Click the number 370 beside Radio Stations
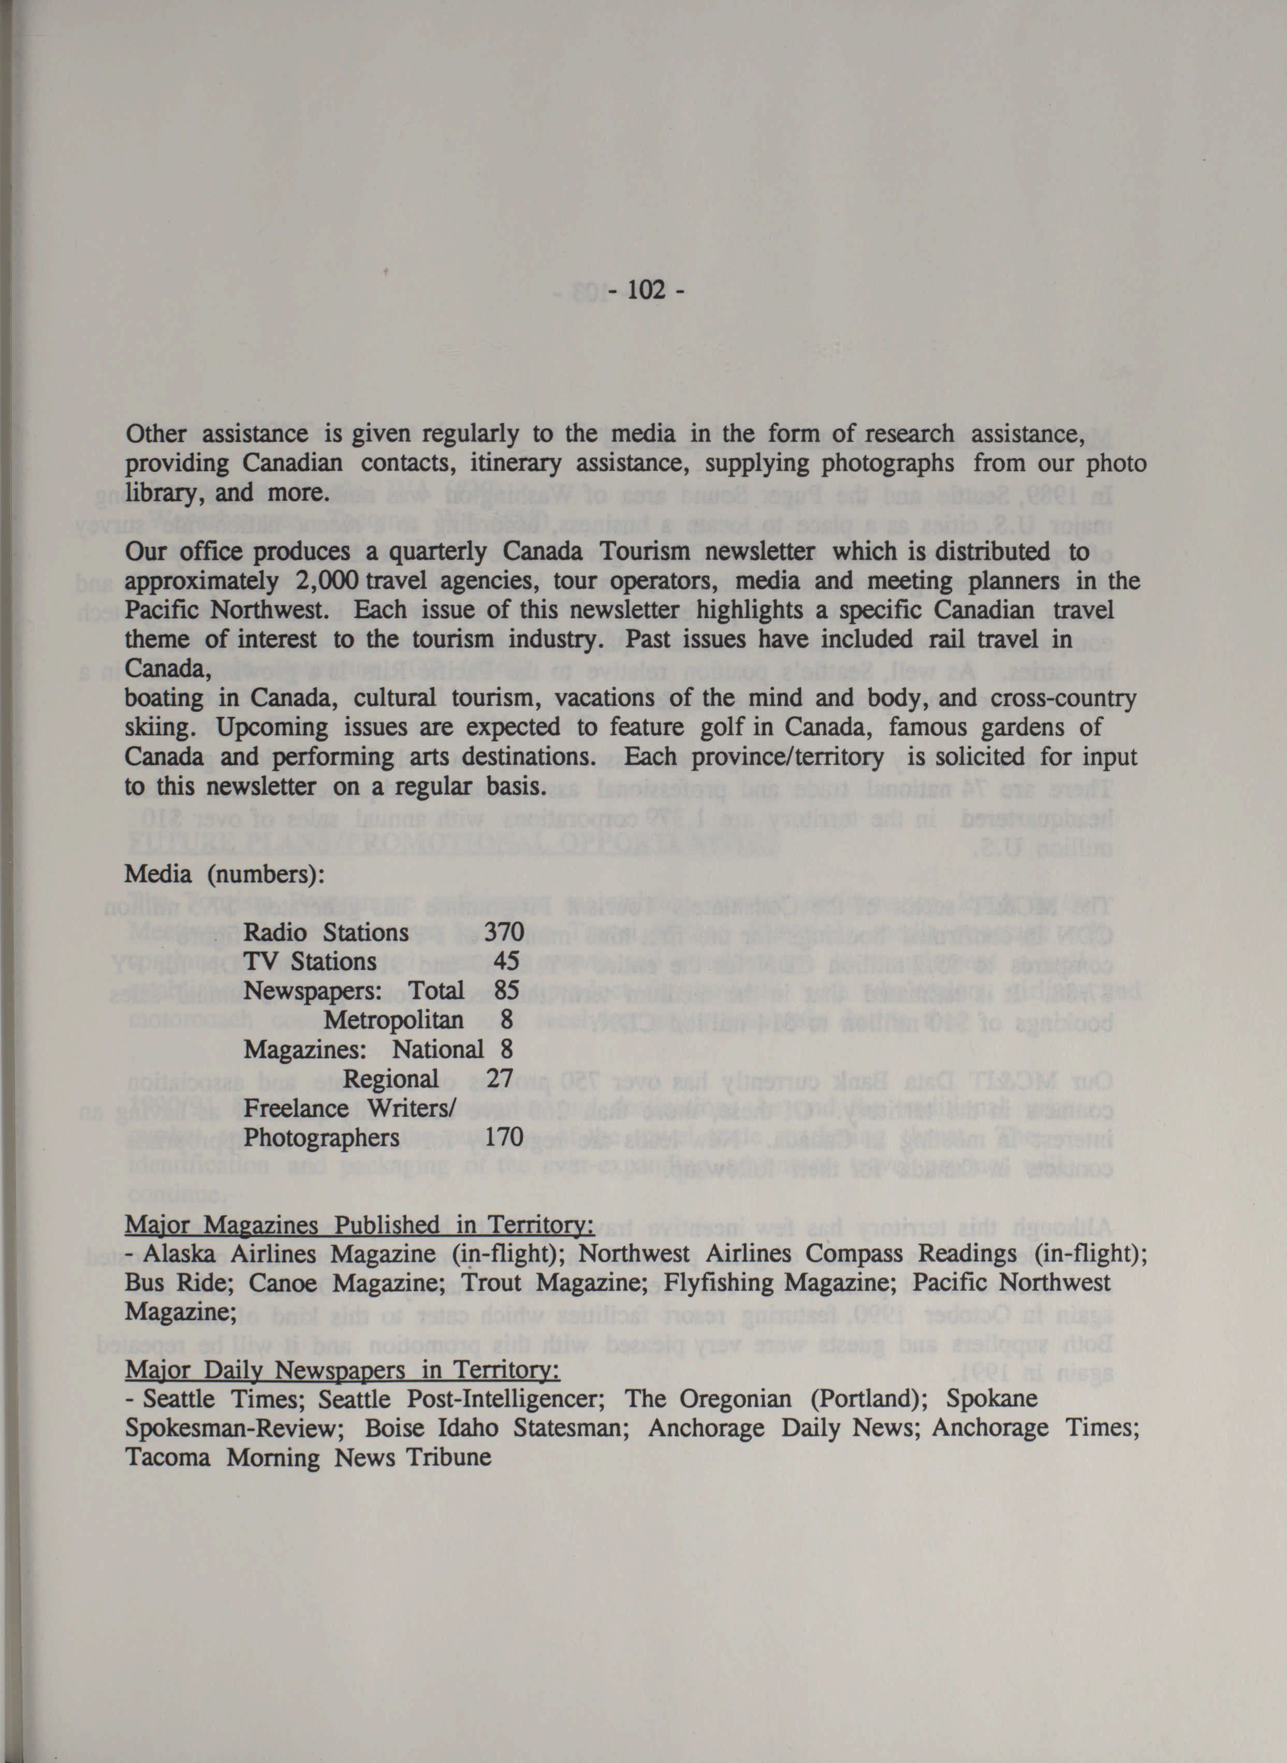coord(504,932)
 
